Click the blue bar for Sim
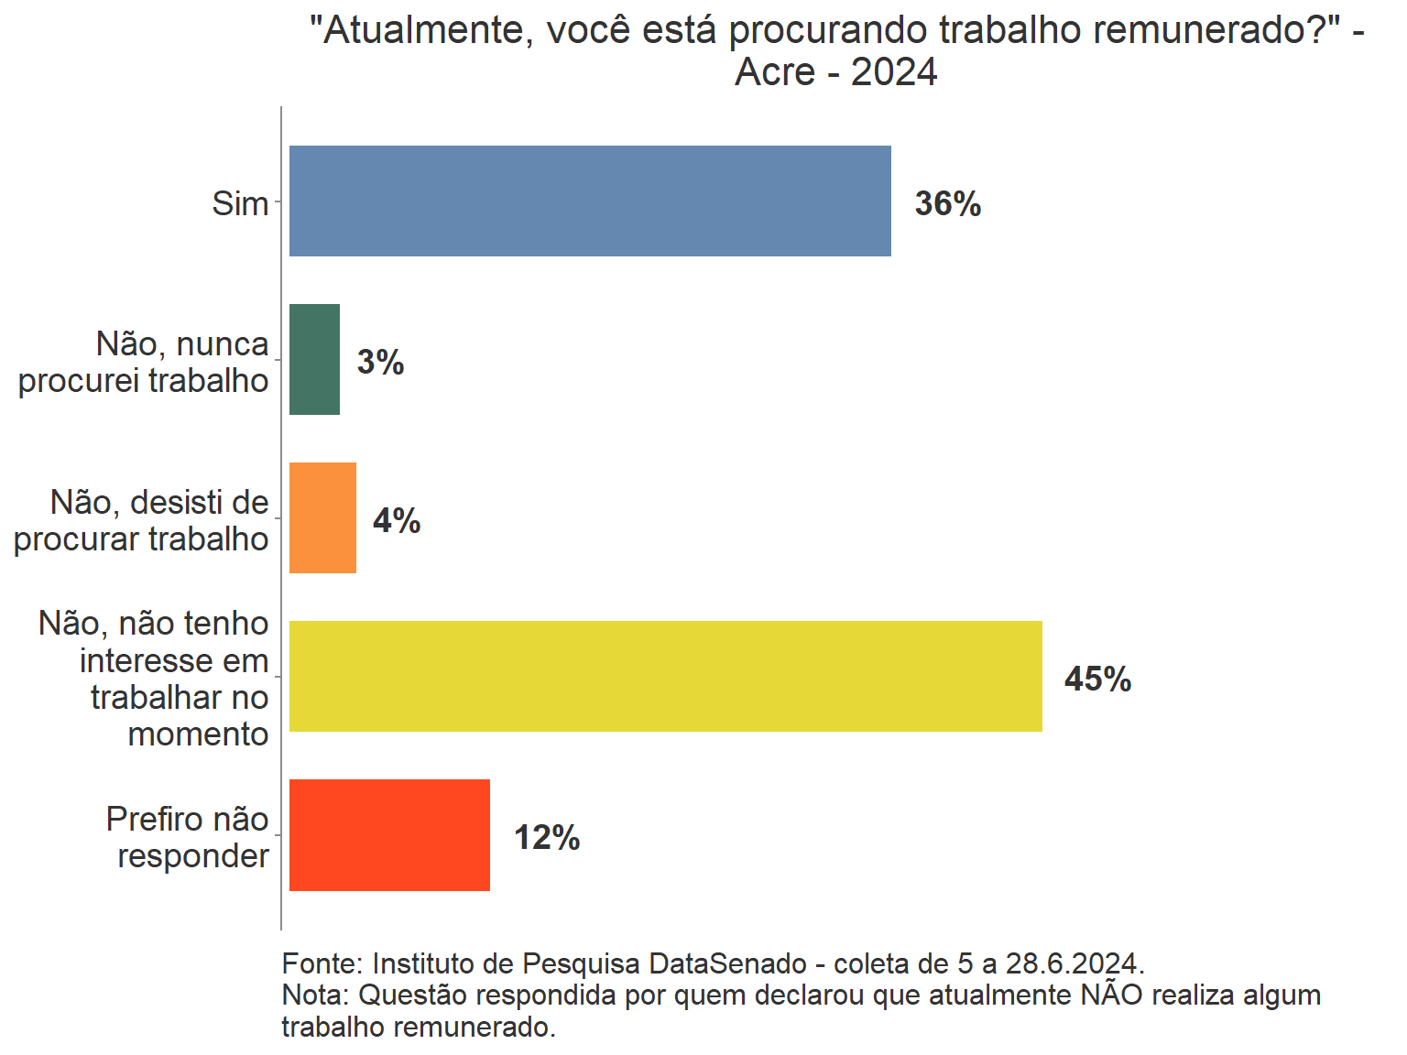point(590,201)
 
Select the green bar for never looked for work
point(314,359)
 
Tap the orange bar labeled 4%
point(322,517)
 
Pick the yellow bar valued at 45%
point(665,676)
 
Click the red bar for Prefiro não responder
point(389,834)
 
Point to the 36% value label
point(947,203)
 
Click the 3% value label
point(380,362)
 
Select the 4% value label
point(396,520)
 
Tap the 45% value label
point(1097,679)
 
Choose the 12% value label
point(547,837)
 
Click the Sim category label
point(240,203)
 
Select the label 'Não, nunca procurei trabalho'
point(144,362)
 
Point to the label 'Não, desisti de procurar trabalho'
point(141,520)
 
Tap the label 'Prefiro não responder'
point(188,837)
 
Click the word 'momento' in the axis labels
point(198,734)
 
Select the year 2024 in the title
point(893,71)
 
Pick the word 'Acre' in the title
point(775,71)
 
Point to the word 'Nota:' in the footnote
point(315,995)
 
